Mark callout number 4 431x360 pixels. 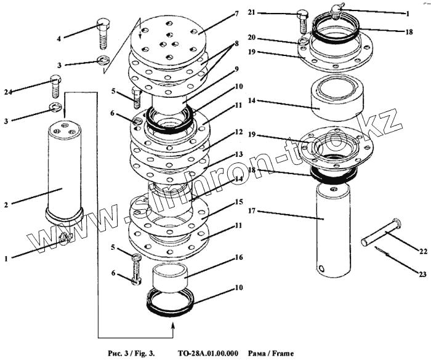coord(59,38)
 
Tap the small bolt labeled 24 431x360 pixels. coord(54,86)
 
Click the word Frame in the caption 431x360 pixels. coord(281,353)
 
